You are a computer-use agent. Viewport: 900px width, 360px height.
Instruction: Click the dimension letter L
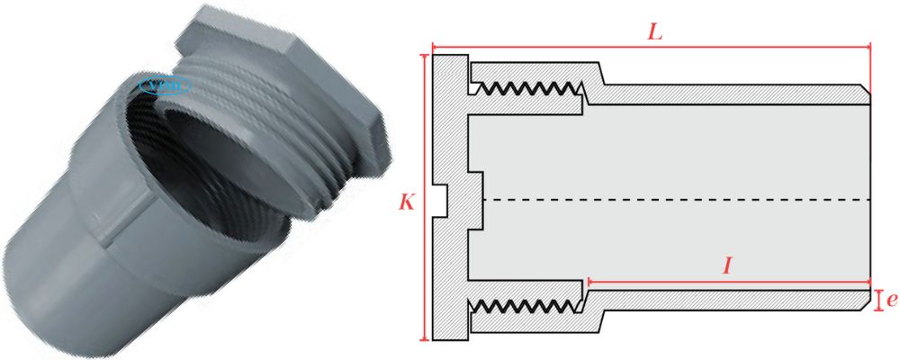655,31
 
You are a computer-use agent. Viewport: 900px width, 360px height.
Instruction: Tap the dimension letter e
891,300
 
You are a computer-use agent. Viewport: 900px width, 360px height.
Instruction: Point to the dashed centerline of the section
675,198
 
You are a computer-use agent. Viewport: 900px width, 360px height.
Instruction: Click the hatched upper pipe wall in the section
720,94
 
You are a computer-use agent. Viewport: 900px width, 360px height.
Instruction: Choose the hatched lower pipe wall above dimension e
720,300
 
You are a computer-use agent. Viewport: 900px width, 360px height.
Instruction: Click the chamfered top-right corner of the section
866,89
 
